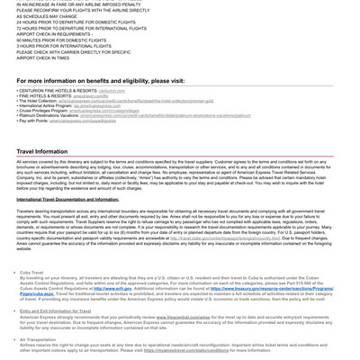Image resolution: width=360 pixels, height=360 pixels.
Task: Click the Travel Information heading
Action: click(x=41, y=152)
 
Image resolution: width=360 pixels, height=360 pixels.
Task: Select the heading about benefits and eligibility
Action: click(x=100, y=81)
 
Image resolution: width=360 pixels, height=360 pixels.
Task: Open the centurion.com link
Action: click(x=112, y=91)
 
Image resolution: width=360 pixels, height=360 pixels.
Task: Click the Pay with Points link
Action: click(x=87, y=121)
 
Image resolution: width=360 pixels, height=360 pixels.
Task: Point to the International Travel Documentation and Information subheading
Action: click(x=67, y=199)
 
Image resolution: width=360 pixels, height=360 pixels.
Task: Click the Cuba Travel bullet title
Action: click(x=31, y=273)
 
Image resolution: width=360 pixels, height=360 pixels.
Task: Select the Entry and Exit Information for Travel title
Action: click(x=55, y=311)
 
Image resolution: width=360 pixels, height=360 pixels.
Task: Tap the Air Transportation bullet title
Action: click(x=37, y=340)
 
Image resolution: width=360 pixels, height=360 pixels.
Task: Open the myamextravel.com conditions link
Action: click(x=185, y=350)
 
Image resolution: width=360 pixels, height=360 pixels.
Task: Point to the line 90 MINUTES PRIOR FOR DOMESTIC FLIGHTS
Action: click(x=61, y=40)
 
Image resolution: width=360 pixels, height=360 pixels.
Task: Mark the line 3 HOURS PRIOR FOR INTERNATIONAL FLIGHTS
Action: click(x=64, y=46)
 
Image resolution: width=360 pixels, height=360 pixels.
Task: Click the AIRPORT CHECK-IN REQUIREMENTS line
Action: click(x=54, y=34)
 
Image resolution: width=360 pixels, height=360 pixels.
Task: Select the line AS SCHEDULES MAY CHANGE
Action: click(x=46, y=16)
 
